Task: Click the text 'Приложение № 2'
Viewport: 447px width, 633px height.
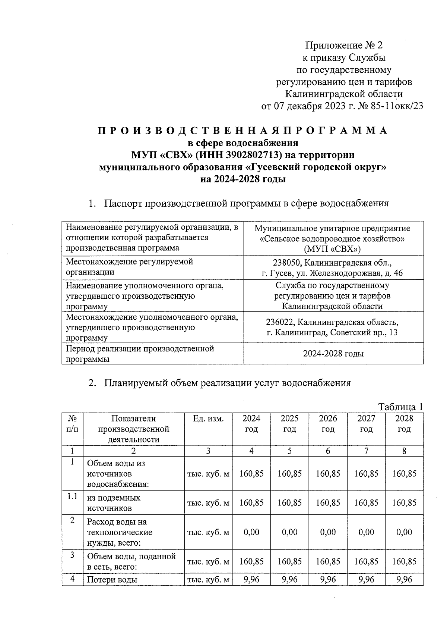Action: (x=344, y=46)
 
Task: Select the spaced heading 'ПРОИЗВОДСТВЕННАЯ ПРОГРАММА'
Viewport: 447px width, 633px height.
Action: (x=242, y=131)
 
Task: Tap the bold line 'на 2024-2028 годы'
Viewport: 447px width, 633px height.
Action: (x=243, y=179)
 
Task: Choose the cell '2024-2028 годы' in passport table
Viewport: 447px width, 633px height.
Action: (x=333, y=354)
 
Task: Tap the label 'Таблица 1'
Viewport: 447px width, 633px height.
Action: (x=400, y=407)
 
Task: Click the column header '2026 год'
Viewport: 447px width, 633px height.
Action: (x=328, y=424)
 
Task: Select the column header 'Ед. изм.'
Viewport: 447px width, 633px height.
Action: (x=208, y=419)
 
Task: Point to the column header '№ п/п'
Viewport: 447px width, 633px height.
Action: (x=72, y=424)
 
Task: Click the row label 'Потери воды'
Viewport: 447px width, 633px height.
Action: (x=112, y=580)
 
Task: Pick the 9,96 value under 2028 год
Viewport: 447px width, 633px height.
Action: (x=404, y=580)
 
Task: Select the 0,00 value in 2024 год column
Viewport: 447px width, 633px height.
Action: (x=251, y=532)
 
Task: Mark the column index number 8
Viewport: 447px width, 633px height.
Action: (x=404, y=451)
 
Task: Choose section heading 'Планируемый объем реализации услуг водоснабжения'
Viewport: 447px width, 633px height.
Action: (x=227, y=383)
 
